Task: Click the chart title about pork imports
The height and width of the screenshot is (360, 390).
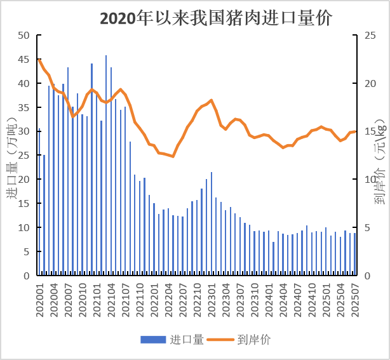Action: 216,18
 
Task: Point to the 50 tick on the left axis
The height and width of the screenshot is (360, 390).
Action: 24,36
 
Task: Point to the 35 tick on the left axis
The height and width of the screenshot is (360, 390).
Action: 24,107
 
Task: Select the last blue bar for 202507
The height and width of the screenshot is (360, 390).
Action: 355,254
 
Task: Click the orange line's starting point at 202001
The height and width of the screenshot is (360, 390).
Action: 39,60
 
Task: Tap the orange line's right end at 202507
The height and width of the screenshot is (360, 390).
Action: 355,131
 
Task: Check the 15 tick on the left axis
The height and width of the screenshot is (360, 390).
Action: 24,204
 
